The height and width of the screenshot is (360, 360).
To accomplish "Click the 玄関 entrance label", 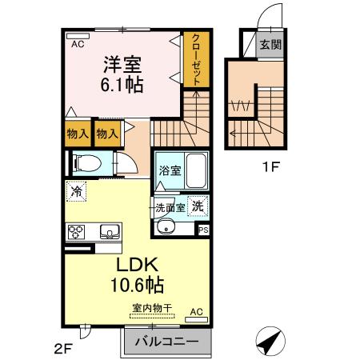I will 269,45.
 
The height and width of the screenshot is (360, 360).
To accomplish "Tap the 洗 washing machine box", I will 198,206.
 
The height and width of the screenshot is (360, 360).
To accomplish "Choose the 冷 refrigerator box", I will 76,191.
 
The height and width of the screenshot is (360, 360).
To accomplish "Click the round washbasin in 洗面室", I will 168,227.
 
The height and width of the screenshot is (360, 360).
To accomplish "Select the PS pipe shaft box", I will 203,230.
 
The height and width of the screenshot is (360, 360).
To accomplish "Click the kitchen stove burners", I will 78,233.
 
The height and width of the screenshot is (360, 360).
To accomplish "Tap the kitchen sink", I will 108,232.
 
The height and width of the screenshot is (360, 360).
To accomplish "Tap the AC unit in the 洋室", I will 78,45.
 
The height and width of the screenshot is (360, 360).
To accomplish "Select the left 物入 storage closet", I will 76,134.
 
